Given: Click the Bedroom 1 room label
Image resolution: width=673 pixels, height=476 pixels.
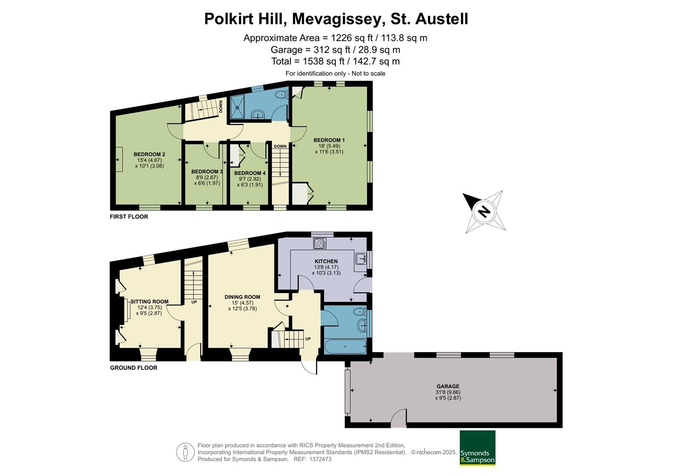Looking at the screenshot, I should [329, 140].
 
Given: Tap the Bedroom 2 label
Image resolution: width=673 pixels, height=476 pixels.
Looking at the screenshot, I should [149, 154].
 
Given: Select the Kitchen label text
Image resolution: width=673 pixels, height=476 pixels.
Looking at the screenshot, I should [326, 261].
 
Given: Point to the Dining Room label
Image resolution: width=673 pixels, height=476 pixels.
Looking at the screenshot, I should [242, 297].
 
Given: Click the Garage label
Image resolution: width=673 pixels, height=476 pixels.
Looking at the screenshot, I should [448, 387].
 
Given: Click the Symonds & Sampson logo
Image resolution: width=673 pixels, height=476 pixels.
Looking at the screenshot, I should [477, 448].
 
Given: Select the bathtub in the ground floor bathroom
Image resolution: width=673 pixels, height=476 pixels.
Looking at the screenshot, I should [345, 346].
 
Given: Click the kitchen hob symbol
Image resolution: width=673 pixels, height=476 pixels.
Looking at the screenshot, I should [320, 243].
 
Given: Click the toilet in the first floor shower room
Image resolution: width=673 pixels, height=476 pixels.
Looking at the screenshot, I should [281, 94].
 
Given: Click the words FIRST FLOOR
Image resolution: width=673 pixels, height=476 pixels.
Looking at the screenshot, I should [129, 217].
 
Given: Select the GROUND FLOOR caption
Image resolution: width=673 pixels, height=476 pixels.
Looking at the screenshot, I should [134, 368].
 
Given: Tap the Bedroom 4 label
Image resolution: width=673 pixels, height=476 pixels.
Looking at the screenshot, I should [250, 173].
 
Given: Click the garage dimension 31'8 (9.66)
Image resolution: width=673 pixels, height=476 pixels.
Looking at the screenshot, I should [448, 392].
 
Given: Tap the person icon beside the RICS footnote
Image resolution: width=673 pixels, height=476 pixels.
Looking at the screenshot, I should [186, 452].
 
